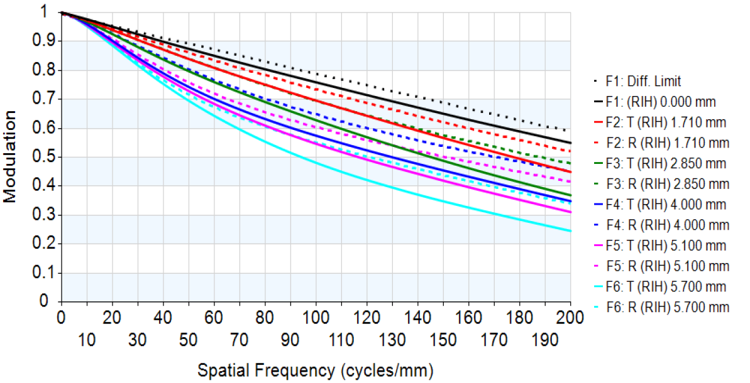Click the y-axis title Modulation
11,157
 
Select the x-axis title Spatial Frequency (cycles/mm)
316,370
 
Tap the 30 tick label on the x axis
137,340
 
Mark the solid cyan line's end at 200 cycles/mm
570,231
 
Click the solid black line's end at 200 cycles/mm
570,143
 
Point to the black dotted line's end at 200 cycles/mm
570,130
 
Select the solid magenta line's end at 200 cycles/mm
570,212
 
